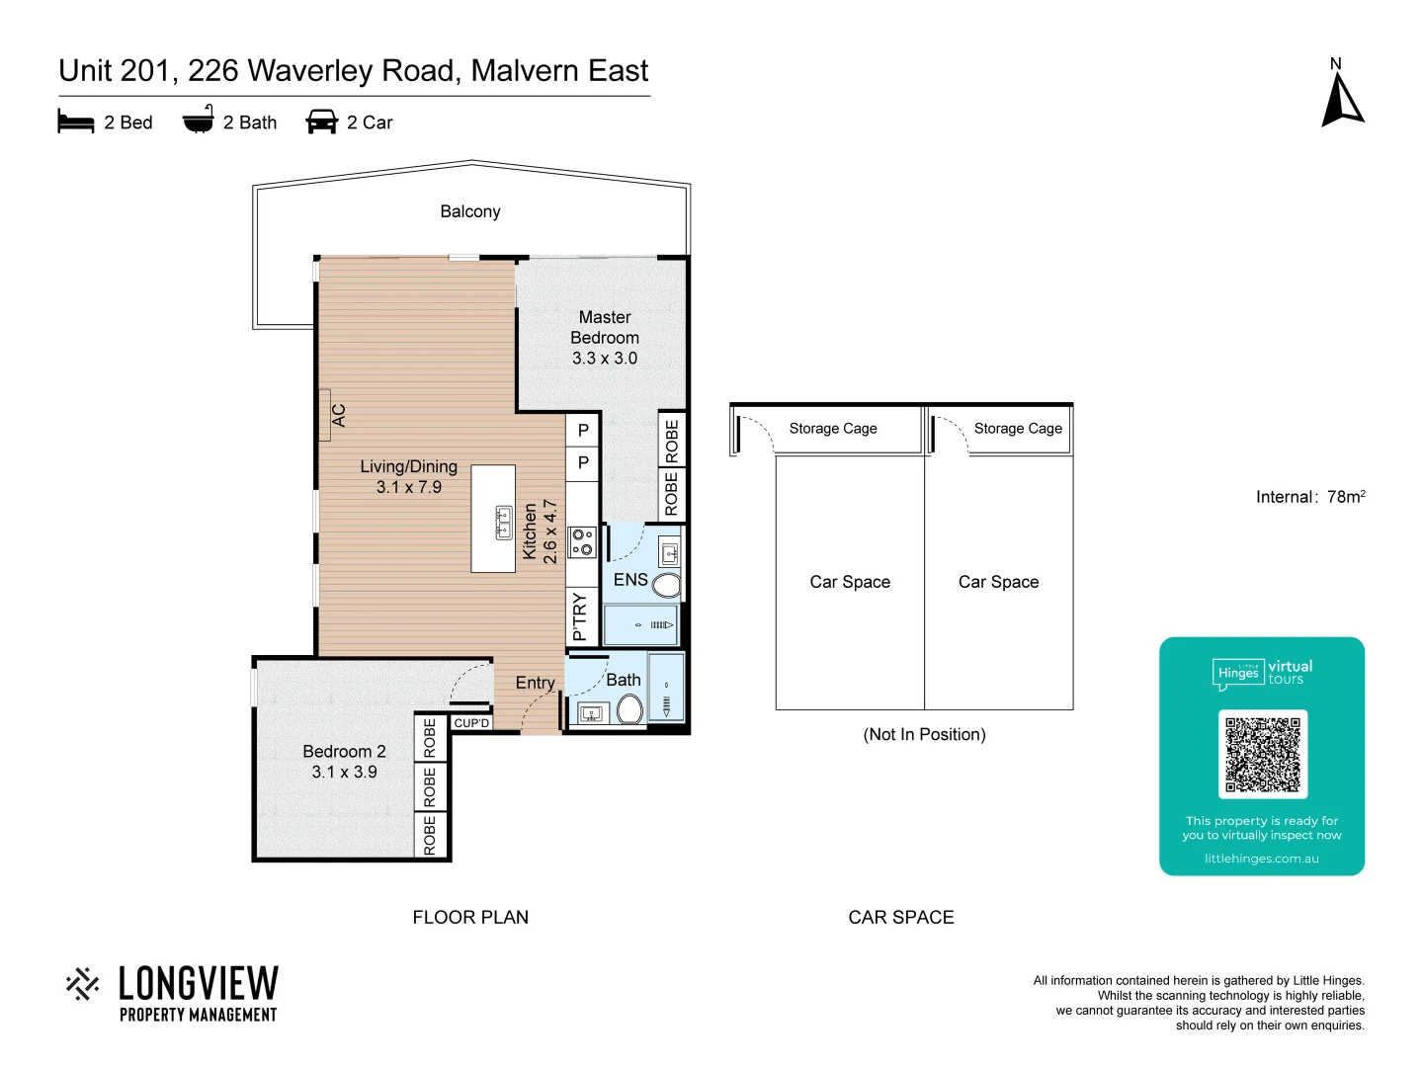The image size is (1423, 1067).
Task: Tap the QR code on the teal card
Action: [1262, 754]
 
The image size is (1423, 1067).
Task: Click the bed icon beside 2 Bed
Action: [76, 122]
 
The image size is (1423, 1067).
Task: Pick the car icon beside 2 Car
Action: [322, 122]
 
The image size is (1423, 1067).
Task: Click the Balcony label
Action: [470, 211]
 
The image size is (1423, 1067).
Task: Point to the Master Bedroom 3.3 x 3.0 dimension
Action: [605, 359]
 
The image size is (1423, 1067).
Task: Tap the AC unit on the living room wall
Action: [326, 415]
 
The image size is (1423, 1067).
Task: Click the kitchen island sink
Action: [504, 521]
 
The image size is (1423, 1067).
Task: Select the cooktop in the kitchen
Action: [582, 541]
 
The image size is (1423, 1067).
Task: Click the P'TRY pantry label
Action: [580, 616]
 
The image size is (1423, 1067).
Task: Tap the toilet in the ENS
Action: [668, 585]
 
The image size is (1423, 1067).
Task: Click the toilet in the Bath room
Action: [629, 708]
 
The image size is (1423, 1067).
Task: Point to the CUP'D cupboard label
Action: [471, 723]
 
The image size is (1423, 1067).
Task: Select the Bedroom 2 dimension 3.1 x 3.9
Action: [344, 773]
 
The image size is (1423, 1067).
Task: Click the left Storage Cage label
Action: [833, 429]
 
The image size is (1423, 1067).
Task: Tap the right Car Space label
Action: [998, 582]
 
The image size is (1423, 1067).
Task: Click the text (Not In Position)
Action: [924, 734]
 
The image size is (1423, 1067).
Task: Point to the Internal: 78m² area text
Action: [1310, 497]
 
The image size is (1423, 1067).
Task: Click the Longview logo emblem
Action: [83, 984]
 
